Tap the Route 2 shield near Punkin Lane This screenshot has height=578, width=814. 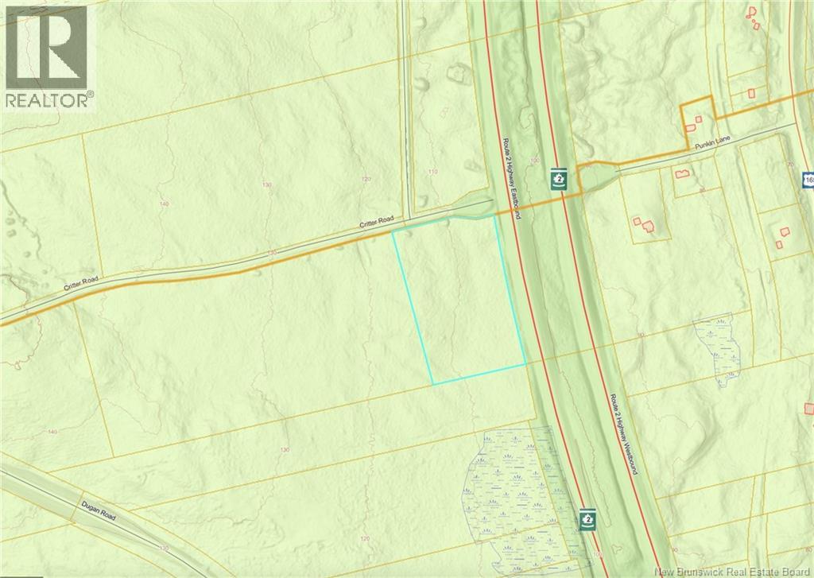coord(559,179)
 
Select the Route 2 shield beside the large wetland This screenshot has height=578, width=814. coord(587,518)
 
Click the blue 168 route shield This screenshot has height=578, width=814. coord(808,181)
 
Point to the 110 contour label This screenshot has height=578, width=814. coord(433,172)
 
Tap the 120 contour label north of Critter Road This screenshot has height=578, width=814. coord(366,180)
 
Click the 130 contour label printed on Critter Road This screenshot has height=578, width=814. coord(272,253)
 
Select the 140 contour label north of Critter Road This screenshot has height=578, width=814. coord(165,204)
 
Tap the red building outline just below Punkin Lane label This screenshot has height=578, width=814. coord(680,173)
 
